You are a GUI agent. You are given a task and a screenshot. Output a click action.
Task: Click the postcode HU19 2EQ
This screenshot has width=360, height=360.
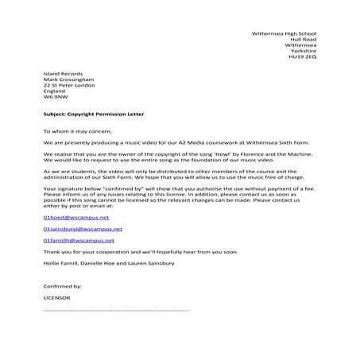tap(302, 58)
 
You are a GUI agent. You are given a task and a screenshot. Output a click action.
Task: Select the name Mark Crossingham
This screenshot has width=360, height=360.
tap(66, 78)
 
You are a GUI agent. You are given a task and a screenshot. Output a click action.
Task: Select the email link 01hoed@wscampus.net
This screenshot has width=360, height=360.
tap(75, 215)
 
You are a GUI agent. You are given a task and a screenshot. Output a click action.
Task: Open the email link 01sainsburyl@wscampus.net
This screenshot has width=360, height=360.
tap(81, 227)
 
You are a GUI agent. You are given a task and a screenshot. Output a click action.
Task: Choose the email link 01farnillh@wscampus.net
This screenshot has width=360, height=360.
tap(79, 239)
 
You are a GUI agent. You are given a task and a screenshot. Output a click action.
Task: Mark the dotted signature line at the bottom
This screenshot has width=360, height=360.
tap(115, 309)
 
